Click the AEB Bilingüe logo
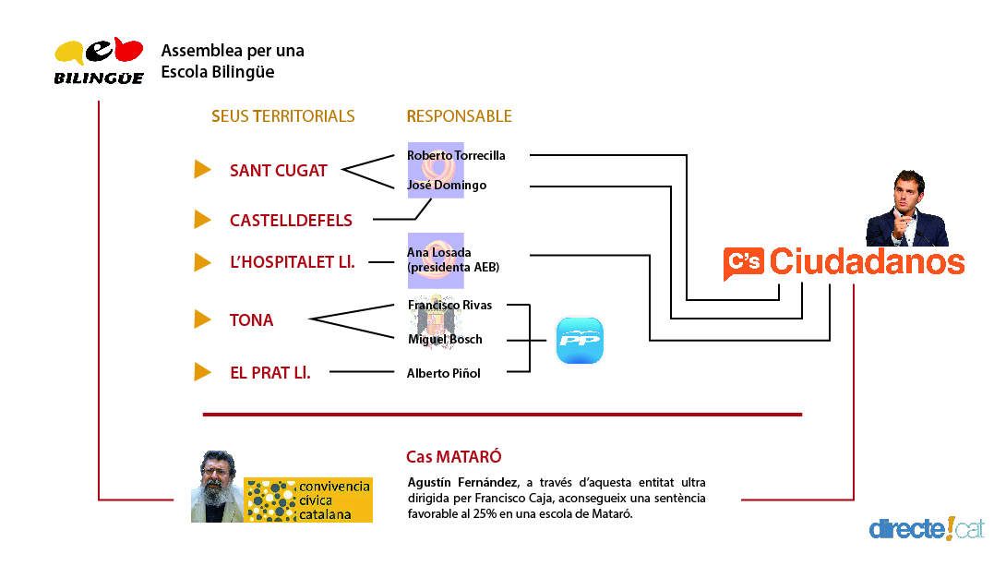click(99, 62)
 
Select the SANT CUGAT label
click(278, 171)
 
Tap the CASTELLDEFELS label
click(291, 221)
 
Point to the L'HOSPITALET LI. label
click(293, 262)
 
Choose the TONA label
click(251, 320)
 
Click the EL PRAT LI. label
click(269, 373)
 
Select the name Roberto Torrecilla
click(456, 155)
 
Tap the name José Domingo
click(447, 186)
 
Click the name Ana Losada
click(439, 253)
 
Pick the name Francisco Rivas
click(449, 305)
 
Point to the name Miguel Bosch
click(445, 339)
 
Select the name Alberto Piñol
click(444, 373)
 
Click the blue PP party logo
click(580, 341)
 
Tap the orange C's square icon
click(743, 263)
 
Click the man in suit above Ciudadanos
click(906, 210)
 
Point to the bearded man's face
click(217, 482)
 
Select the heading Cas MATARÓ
click(454, 457)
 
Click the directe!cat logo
click(926, 529)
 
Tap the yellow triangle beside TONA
click(202, 319)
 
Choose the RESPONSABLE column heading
click(459, 116)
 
